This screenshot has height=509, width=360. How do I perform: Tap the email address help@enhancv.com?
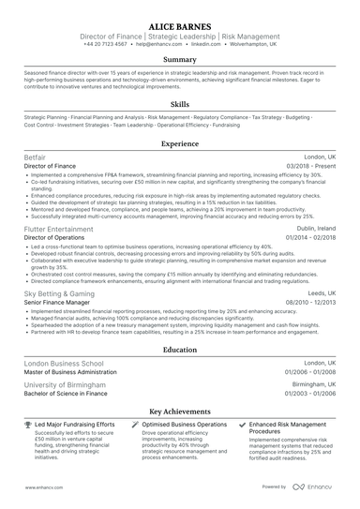pos(172,44)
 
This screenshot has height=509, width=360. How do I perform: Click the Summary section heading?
pos(180,59)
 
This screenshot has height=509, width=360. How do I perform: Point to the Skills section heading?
pos(180,104)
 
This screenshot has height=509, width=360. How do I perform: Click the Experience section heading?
pos(180,144)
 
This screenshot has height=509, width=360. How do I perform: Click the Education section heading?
pos(180,350)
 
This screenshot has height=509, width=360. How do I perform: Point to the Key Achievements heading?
pos(180,411)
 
